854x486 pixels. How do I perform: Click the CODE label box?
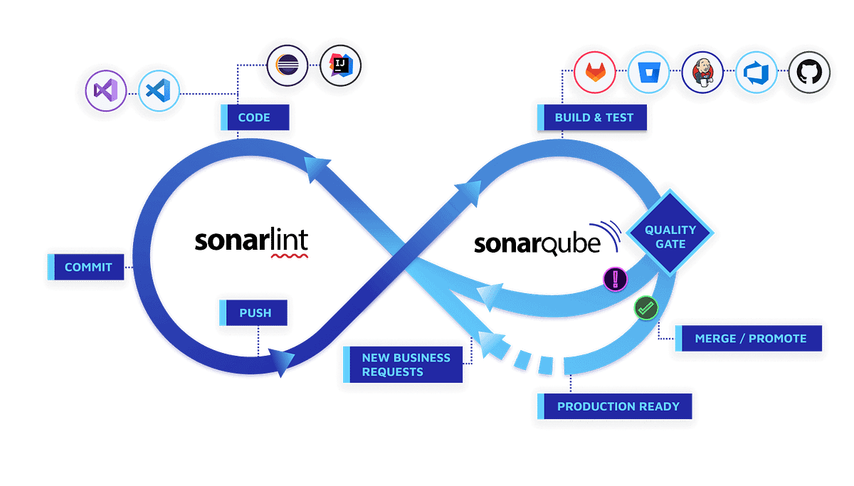(x=253, y=117)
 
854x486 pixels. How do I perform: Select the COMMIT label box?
(x=88, y=268)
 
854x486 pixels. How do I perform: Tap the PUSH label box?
(x=254, y=312)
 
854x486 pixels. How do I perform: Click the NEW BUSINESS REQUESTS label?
(x=405, y=365)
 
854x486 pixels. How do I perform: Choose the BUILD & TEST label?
(x=593, y=117)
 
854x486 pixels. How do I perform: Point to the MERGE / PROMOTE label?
(x=750, y=339)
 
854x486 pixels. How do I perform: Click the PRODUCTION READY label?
(x=617, y=407)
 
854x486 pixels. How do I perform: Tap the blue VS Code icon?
(x=159, y=90)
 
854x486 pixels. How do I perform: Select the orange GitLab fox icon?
(x=595, y=72)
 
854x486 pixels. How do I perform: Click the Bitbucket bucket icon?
(x=648, y=72)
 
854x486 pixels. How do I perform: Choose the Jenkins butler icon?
(x=702, y=72)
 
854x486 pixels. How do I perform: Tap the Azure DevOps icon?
(x=755, y=72)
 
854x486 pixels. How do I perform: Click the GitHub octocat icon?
(x=809, y=72)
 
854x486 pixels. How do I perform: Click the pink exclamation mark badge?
(x=615, y=278)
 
